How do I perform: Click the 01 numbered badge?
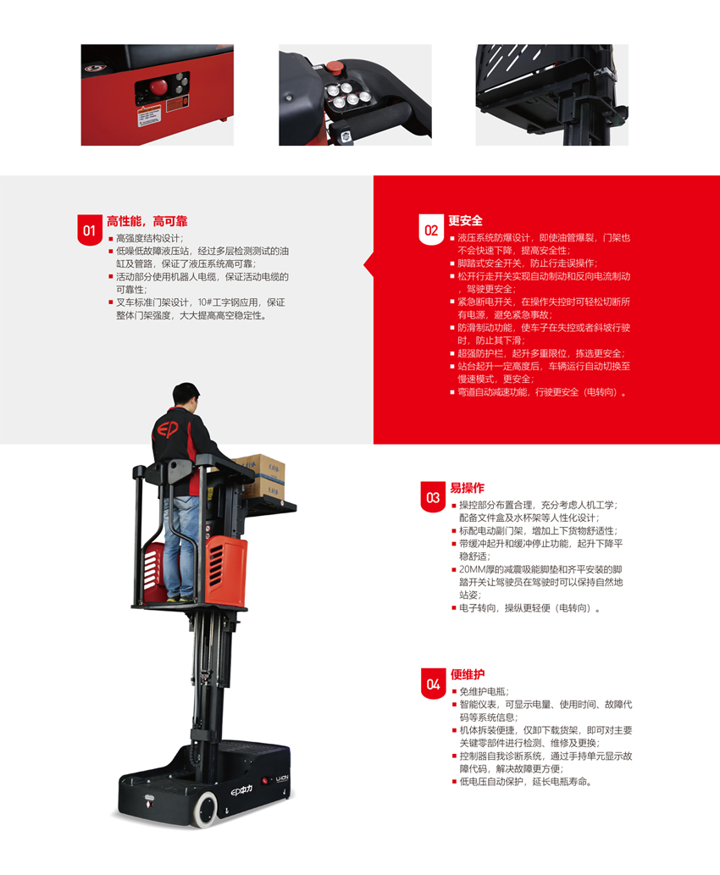[x=89, y=230]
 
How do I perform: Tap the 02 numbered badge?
[x=431, y=230]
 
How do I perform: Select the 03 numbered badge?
[x=433, y=496]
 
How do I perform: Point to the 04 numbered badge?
[x=433, y=684]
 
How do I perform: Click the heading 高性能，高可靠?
[x=147, y=221]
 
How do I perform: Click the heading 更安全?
[x=466, y=220]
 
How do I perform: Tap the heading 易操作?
[x=468, y=488]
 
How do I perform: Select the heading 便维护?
[x=468, y=674]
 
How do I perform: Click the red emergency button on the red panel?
[x=158, y=87]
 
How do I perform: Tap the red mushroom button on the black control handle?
[x=335, y=68]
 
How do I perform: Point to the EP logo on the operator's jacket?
[x=167, y=429]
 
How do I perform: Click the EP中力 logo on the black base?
[x=241, y=790]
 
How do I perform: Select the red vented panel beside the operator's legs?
[x=227, y=571]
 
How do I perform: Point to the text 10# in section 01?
[x=204, y=302]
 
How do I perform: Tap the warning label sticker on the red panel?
[x=149, y=114]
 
